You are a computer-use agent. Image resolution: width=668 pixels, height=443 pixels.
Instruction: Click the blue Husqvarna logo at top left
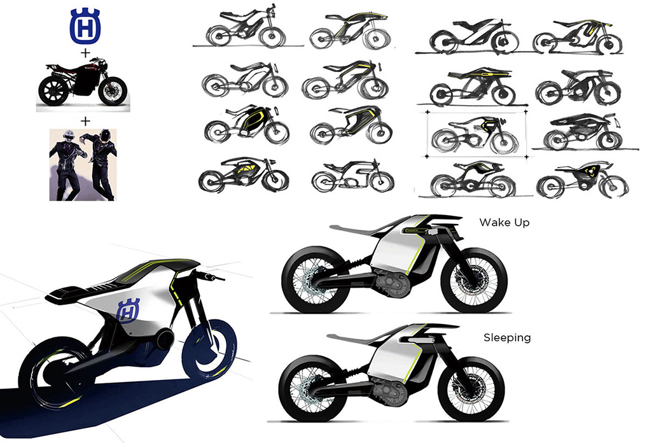(x=85, y=27)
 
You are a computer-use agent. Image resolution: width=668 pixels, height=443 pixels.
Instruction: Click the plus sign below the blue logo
(x=85, y=53)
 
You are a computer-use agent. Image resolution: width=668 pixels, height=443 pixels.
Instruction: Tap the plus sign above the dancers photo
(x=85, y=121)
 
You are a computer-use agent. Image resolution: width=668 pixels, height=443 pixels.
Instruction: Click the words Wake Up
(x=504, y=223)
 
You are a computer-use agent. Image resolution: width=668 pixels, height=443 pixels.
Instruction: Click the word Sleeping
(x=507, y=338)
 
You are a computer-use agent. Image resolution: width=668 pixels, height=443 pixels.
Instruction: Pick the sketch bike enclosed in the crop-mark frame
(x=476, y=134)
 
